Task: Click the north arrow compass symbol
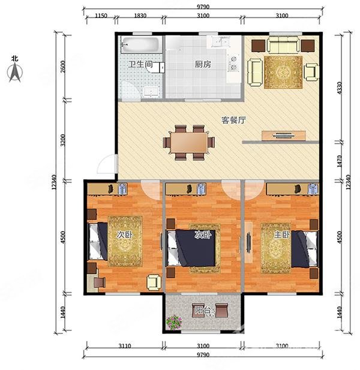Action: pyautogui.click(x=15, y=73)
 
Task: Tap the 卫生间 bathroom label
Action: pyautogui.click(x=140, y=64)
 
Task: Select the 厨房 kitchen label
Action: pyautogui.click(x=203, y=64)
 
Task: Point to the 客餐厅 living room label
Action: pyautogui.click(x=233, y=120)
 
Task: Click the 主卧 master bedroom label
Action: pyautogui.click(x=281, y=235)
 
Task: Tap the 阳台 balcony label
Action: pyautogui.click(x=203, y=311)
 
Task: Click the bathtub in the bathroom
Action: pyautogui.click(x=141, y=45)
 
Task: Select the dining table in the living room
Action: pyautogui.click(x=189, y=142)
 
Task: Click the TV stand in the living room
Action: pyautogui.click(x=284, y=136)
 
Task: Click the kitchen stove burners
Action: pyautogui.click(x=234, y=63)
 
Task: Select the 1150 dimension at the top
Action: pyautogui.click(x=101, y=16)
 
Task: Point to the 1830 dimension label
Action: pyautogui.click(x=140, y=16)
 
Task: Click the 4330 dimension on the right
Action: pyautogui.click(x=339, y=88)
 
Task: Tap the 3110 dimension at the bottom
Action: pyautogui.click(x=124, y=346)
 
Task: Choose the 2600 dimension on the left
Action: pyautogui.click(x=63, y=67)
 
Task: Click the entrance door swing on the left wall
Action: pyautogui.click(x=107, y=164)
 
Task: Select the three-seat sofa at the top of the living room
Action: pyautogui.click(x=283, y=44)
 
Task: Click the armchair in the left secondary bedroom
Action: pyautogui.click(x=154, y=282)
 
